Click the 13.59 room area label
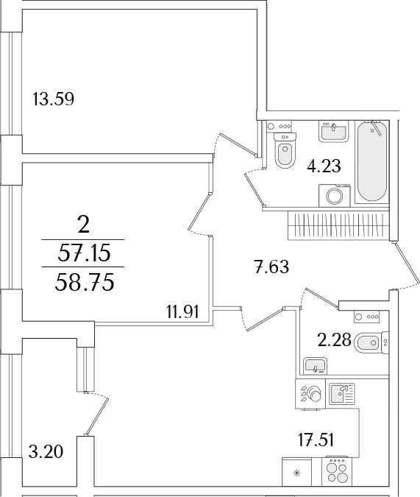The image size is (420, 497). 53,99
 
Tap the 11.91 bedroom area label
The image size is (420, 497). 182,312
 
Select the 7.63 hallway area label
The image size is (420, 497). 271,267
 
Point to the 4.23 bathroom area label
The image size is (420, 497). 324,166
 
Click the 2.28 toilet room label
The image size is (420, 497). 334,340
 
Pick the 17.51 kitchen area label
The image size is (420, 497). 316,440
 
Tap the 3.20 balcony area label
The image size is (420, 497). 46,451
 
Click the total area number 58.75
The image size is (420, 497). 85,283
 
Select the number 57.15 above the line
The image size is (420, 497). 85,253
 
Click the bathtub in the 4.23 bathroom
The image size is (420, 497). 372,162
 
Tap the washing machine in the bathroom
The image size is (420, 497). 335,196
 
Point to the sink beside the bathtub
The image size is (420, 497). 333,131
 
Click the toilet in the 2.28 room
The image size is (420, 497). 371,342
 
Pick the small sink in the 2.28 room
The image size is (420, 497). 315,366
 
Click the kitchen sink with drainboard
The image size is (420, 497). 342,394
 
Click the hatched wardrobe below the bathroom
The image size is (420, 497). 338,225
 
